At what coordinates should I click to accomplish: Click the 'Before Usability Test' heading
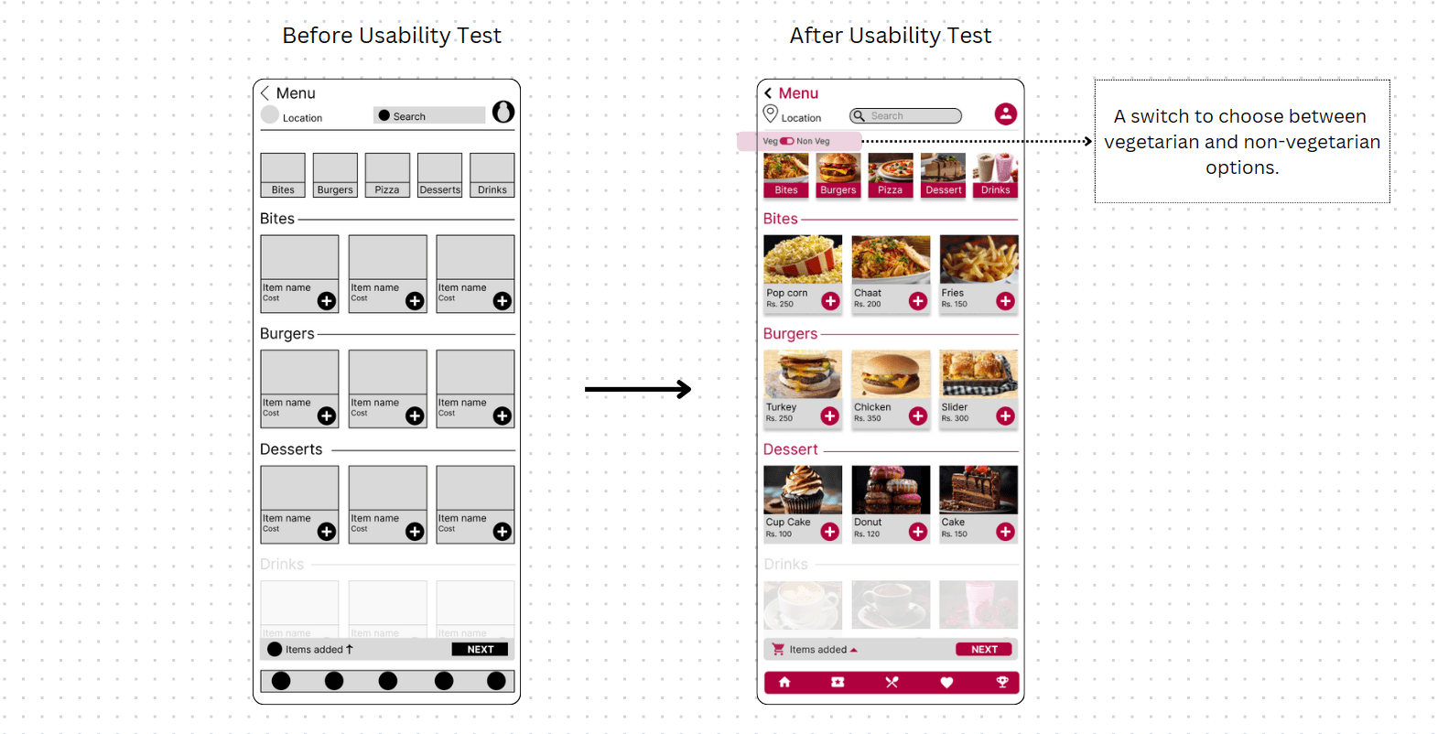pyautogui.click(x=392, y=36)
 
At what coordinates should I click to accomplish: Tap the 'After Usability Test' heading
pyautogui.click(x=890, y=36)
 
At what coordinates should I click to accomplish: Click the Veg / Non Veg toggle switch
pyautogui.click(x=787, y=141)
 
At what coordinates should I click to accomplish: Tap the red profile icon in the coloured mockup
pyautogui.click(x=1005, y=113)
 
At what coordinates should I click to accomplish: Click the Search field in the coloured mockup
pyautogui.click(x=905, y=116)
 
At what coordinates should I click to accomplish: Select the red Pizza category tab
pyautogui.click(x=890, y=189)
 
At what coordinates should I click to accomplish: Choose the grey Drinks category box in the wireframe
pyautogui.click(x=492, y=176)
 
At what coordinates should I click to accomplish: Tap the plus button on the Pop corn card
pyautogui.click(x=830, y=301)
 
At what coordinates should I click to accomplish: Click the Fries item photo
pyautogui.click(x=978, y=259)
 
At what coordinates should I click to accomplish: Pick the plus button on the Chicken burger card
pyautogui.click(x=918, y=416)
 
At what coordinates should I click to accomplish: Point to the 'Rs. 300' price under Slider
pyautogui.click(x=955, y=418)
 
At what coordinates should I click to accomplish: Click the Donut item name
pyautogui.click(x=868, y=523)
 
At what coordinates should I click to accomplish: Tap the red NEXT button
pyautogui.click(x=984, y=649)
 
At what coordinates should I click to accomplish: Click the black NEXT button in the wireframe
pyautogui.click(x=480, y=649)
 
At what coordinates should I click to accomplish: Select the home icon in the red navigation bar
pyautogui.click(x=784, y=682)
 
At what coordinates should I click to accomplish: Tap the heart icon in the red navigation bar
pyautogui.click(x=946, y=682)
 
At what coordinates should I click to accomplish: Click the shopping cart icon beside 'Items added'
pyautogui.click(x=778, y=649)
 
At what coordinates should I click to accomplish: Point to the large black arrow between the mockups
pyautogui.click(x=638, y=389)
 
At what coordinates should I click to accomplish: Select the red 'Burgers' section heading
pyautogui.click(x=790, y=334)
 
